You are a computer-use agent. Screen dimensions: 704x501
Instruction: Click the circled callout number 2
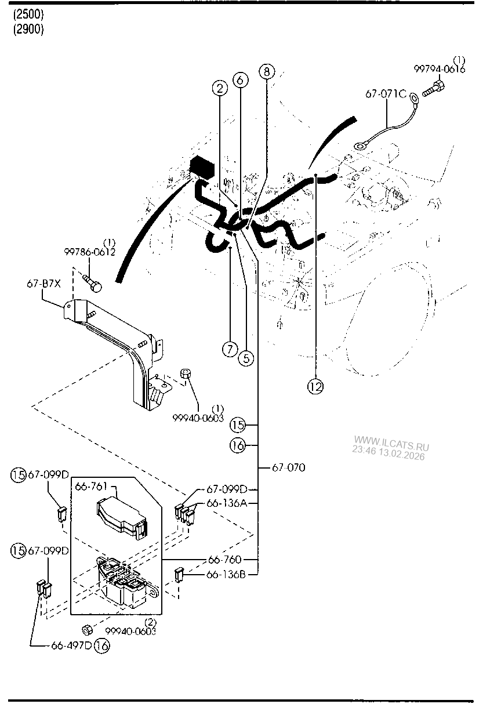coord(219,89)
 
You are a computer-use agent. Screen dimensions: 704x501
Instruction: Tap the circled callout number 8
coord(266,72)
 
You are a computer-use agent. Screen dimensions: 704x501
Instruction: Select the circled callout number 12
coord(316,387)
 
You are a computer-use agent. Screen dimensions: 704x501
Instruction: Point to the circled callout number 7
coord(230,349)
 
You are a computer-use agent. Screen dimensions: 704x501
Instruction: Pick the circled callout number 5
coord(246,358)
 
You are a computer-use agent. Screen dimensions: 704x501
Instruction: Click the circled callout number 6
coord(241,81)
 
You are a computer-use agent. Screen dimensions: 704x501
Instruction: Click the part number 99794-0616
coord(439,69)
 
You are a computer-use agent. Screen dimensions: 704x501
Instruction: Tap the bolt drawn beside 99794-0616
coord(435,89)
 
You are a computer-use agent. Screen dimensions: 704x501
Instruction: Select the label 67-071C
coord(386,94)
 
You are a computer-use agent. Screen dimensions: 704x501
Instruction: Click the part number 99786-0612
coord(89,252)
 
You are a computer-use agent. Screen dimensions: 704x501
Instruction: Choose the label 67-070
coord(289,467)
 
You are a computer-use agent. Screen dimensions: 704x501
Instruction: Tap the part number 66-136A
coord(227,503)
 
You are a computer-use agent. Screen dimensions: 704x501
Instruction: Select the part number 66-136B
coord(227,574)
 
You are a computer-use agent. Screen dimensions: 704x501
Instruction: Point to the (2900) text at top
coord(28,30)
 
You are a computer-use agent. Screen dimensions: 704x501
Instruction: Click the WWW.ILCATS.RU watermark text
coord(391,447)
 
